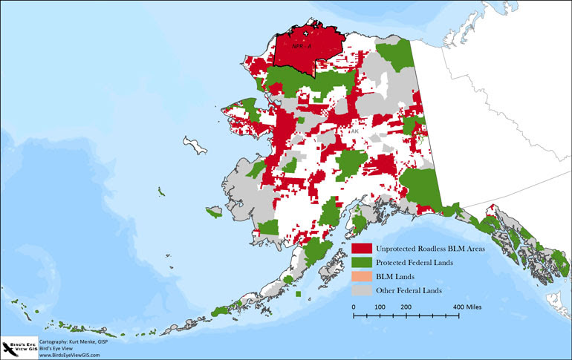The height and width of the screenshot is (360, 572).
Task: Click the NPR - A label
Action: (302, 45)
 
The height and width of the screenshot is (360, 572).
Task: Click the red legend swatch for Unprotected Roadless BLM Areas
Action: (362, 249)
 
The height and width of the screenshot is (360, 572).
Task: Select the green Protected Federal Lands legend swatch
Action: (362, 262)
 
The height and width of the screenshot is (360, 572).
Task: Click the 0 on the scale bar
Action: (353, 306)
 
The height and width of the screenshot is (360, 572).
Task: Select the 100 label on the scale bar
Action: (380, 306)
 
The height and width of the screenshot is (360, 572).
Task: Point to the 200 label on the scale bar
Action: (406, 306)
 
